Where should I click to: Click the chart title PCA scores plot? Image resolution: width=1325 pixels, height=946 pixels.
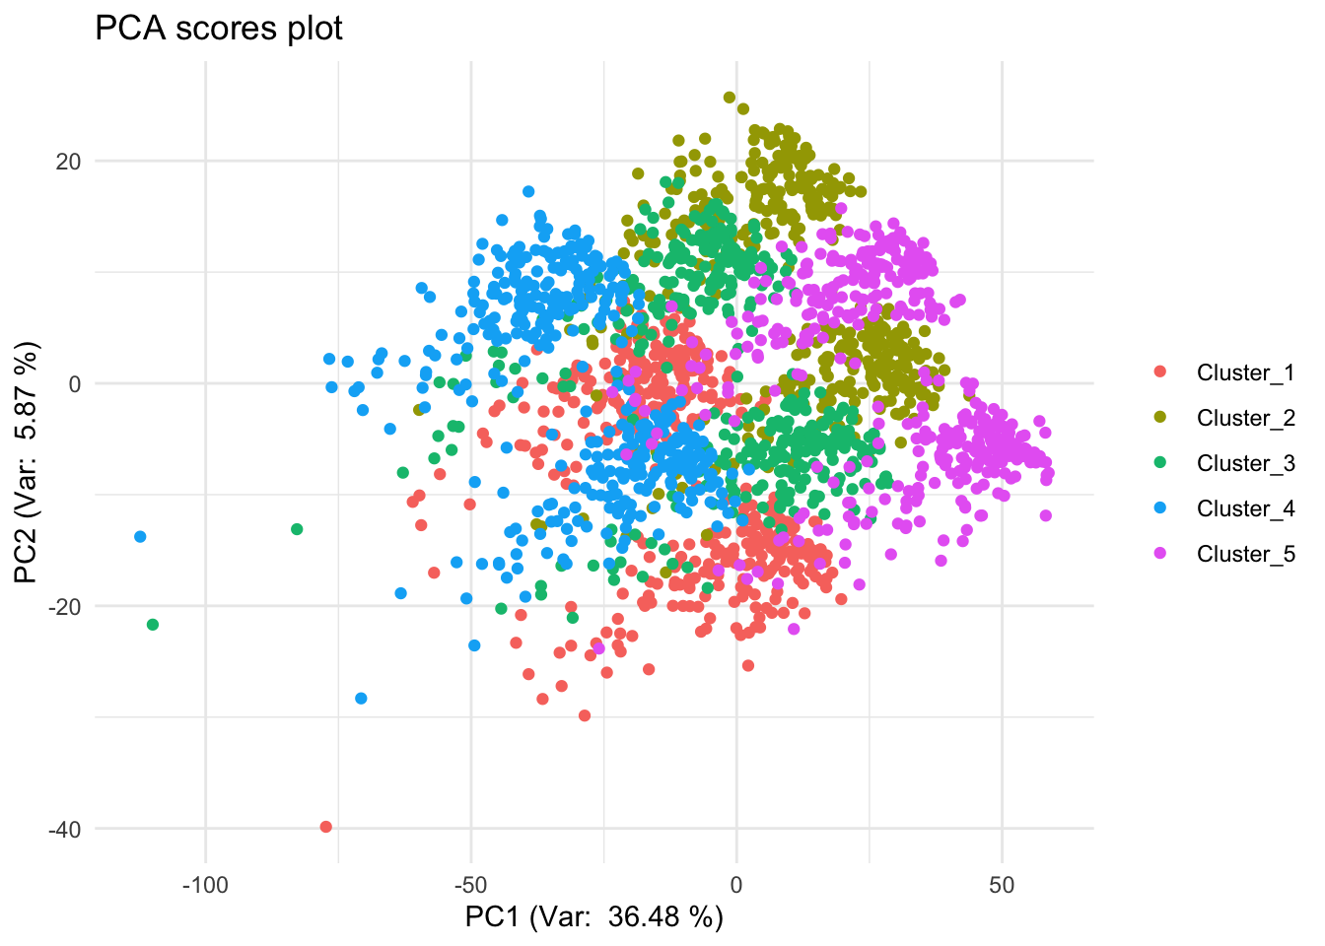[218, 29]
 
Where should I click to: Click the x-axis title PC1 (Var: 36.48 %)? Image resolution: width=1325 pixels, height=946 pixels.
[593, 917]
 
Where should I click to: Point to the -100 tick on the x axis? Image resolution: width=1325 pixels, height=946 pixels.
[205, 885]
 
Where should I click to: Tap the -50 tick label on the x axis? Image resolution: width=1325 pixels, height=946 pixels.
[470, 885]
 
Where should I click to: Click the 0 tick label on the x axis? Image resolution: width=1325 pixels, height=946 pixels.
[735, 885]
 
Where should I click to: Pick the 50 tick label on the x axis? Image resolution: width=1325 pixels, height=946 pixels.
[1001, 885]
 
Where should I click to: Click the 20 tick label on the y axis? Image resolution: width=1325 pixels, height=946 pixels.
[69, 161]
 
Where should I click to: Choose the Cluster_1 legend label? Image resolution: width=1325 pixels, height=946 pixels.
[1245, 372]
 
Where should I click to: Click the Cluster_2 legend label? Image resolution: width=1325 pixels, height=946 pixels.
[1245, 418]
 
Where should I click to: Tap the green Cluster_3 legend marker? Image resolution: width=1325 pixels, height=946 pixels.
[1159, 463]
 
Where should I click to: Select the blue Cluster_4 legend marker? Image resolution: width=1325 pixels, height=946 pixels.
[1159, 508]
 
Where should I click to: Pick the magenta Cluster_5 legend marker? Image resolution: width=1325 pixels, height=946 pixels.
[1159, 554]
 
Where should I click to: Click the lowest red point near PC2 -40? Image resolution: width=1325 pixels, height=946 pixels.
[326, 827]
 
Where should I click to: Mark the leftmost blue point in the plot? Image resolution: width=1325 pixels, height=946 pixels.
[140, 536]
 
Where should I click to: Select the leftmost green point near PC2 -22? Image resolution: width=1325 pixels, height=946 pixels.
[153, 625]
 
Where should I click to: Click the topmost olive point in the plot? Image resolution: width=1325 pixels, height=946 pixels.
[730, 98]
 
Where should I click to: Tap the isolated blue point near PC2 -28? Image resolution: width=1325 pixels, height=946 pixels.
[361, 699]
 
